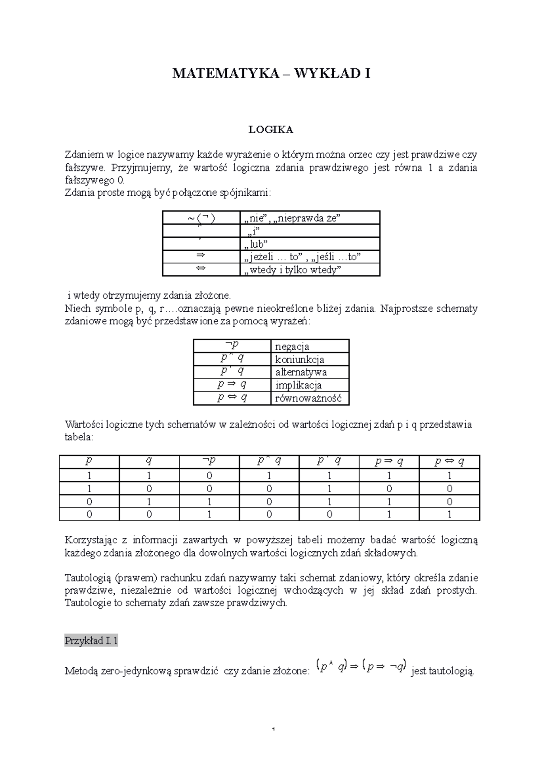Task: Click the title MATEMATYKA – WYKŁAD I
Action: pyautogui.click(x=271, y=74)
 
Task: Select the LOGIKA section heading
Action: pyautogui.click(x=271, y=130)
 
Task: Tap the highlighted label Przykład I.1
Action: pyautogui.click(x=91, y=641)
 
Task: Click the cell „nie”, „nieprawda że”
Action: pyautogui.click(x=292, y=218)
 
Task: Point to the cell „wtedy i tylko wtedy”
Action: pyautogui.click(x=292, y=270)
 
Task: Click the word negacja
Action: pyautogui.click(x=292, y=346)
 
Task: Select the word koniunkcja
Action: pyautogui.click(x=299, y=360)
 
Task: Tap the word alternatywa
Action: pyautogui.click(x=301, y=372)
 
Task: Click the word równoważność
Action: pyautogui.click(x=308, y=398)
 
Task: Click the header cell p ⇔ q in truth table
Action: pyautogui.click(x=449, y=461)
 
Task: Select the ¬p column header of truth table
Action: pyautogui.click(x=209, y=461)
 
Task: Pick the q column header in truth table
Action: pyautogui.click(x=149, y=461)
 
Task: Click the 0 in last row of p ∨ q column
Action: pyautogui.click(x=329, y=514)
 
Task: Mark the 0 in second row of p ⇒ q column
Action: pyautogui.click(x=389, y=489)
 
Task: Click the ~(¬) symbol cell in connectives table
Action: pyautogui.click(x=201, y=218)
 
